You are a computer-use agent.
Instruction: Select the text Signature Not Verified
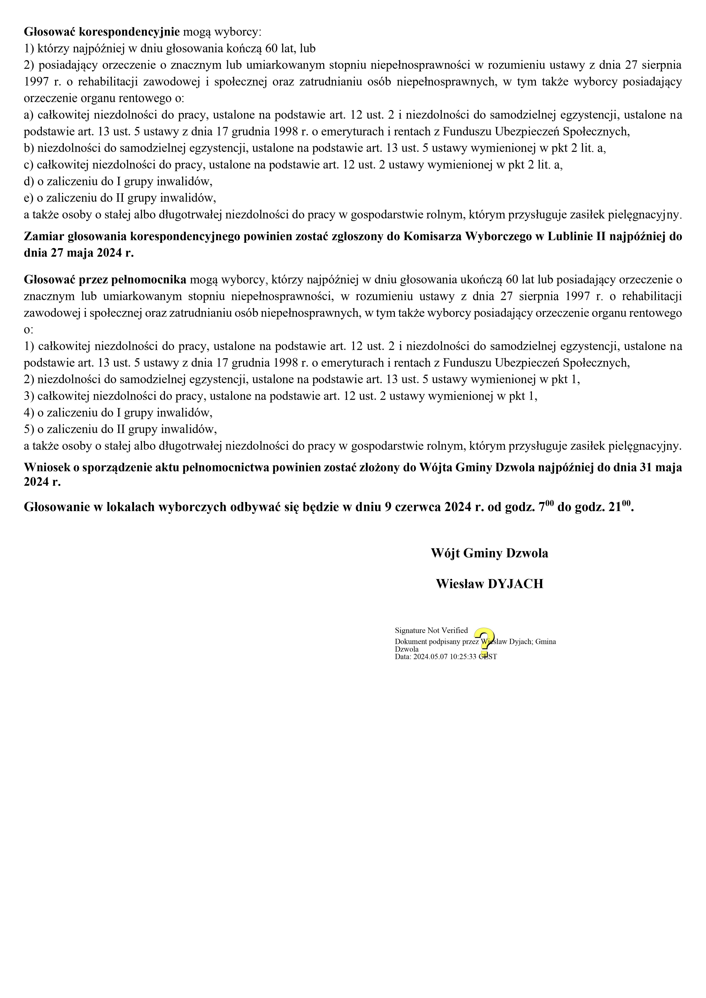[x=431, y=630]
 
